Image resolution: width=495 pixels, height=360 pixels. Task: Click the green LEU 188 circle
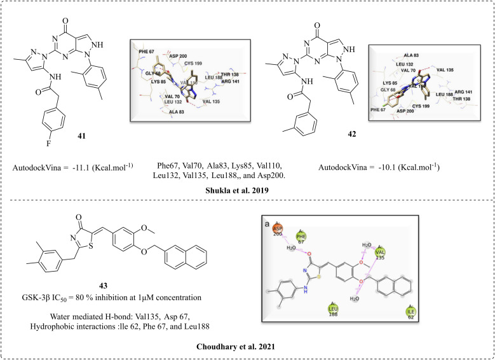(332, 311)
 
